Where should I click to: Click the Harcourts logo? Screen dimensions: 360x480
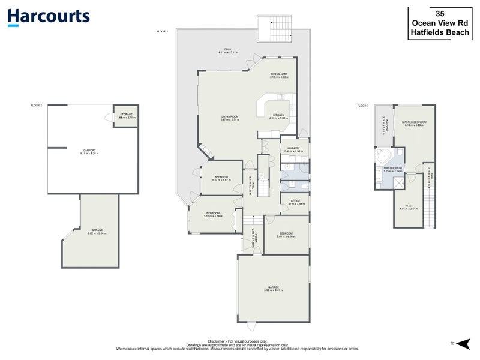[x=49, y=17]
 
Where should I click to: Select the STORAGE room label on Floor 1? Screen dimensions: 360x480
[x=126, y=115]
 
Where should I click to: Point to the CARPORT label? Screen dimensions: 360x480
[x=89, y=152]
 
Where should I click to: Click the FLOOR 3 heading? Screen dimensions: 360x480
[x=363, y=106]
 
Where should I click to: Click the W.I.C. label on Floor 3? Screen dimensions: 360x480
[x=409, y=207]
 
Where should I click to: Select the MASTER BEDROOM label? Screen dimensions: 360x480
[x=413, y=124]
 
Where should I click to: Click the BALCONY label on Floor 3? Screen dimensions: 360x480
[x=384, y=127]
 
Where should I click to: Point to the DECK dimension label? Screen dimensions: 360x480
[x=227, y=51]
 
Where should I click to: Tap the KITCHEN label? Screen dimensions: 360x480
[x=279, y=116]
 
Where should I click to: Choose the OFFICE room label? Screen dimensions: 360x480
[x=295, y=202]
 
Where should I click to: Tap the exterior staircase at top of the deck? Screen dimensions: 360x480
[x=274, y=28]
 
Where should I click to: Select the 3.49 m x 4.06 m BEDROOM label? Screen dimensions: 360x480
[x=286, y=235]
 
